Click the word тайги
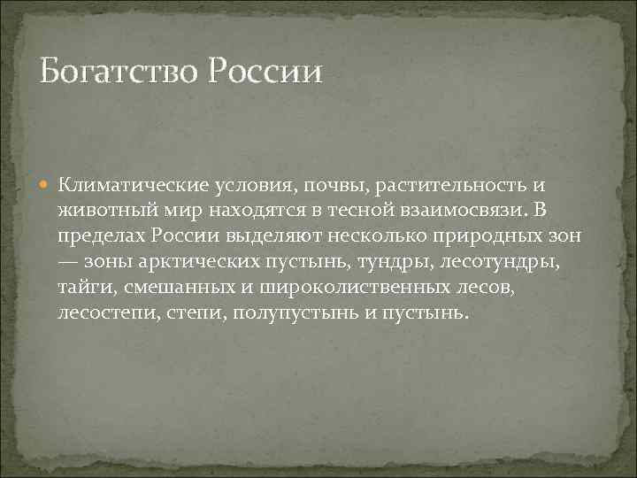click(81, 289)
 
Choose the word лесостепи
click(107, 314)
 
